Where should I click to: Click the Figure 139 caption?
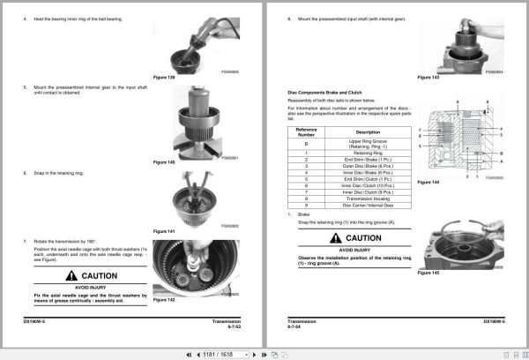point(165,77)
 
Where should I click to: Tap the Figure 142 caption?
point(165,300)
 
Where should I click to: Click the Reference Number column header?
point(306,131)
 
